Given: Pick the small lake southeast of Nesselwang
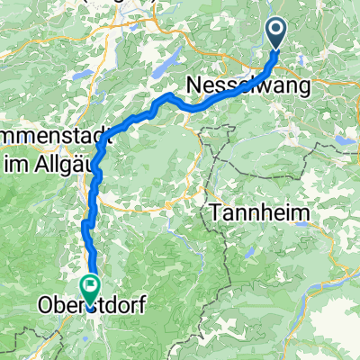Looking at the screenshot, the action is pyautogui.click(x=344, y=141).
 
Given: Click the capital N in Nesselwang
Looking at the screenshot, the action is pyautogui.click(x=195, y=86).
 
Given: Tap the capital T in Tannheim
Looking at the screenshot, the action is pyautogui.click(x=216, y=213).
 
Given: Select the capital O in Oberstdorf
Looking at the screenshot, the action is pyautogui.click(x=45, y=306).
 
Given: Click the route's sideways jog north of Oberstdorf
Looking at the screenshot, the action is pyautogui.click(x=87, y=221).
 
